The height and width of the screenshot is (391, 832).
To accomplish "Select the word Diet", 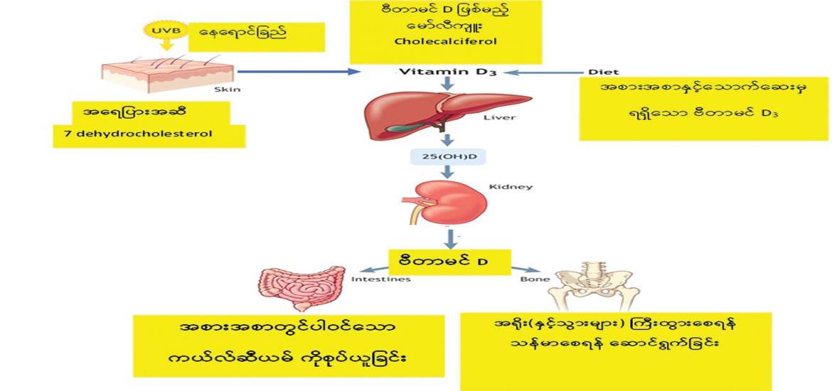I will pyautogui.click(x=603, y=72).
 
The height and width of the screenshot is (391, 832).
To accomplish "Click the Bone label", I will pyautogui.click(x=538, y=279).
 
